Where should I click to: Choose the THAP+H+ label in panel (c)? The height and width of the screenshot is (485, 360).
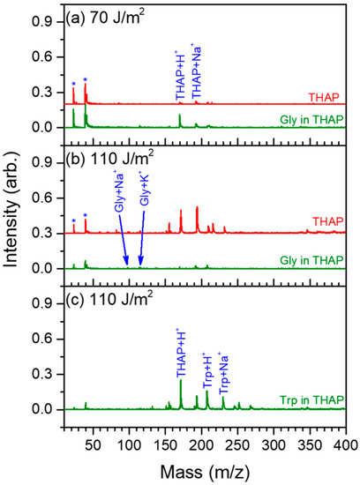pos(181,349)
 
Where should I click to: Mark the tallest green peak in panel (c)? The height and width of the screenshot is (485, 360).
pos(181,381)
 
